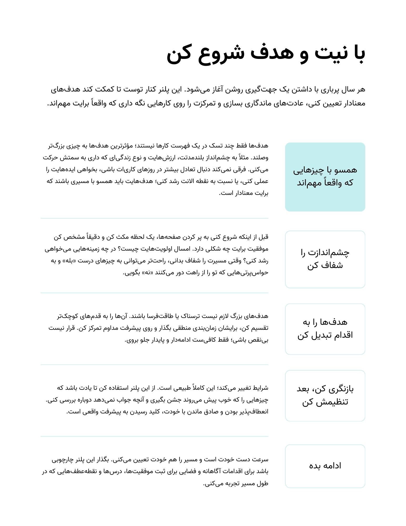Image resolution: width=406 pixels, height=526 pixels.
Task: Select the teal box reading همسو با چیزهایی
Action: [x=325, y=177]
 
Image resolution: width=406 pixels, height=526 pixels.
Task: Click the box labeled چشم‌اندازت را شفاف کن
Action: [x=325, y=259]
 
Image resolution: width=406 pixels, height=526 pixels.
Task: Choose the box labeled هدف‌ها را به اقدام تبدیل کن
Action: [x=325, y=329]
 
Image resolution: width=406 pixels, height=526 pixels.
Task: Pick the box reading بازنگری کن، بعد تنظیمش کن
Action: [x=325, y=396]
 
